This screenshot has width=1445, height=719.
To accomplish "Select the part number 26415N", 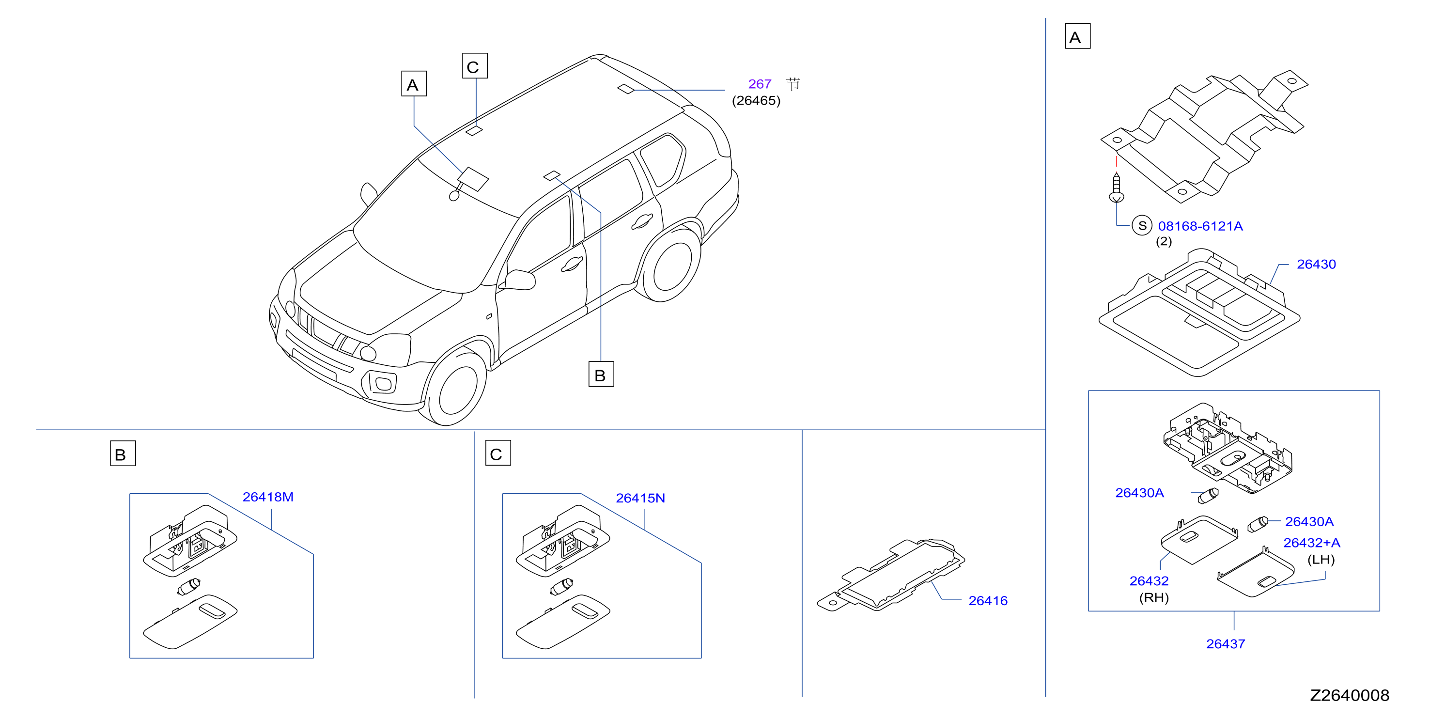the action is (x=640, y=498).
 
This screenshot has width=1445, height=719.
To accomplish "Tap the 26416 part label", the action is (x=988, y=601).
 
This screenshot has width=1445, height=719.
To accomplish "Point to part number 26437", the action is (x=1226, y=644).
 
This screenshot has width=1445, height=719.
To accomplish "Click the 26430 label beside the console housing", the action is (x=1316, y=264).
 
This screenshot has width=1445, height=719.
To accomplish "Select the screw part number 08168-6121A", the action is (x=1200, y=226).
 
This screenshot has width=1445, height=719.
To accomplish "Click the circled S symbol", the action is (x=1142, y=225).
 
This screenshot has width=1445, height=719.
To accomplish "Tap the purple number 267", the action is (x=760, y=84).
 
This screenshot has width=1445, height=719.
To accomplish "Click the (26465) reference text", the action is (x=756, y=100).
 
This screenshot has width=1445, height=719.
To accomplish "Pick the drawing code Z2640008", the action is (x=1350, y=695).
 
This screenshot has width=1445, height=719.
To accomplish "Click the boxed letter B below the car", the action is (x=601, y=375).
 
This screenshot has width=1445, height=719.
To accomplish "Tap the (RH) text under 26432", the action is (x=1154, y=598).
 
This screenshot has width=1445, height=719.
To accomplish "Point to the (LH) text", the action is (x=1321, y=560).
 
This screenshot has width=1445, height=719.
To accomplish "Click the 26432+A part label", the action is (x=1312, y=543).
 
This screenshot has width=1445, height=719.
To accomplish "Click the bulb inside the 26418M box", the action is (x=188, y=587).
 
